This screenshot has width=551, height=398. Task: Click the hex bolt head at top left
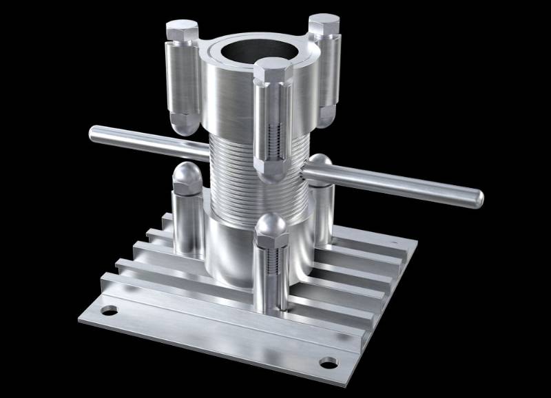(182, 30)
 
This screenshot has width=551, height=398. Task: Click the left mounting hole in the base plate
(108, 311)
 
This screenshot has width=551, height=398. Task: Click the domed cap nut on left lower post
(185, 177)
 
